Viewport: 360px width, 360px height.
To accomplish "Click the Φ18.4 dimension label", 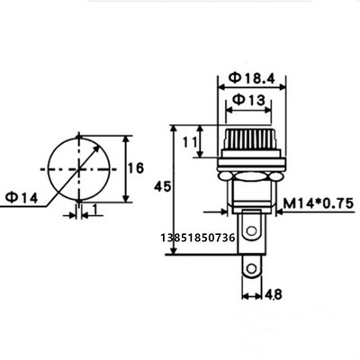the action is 251,78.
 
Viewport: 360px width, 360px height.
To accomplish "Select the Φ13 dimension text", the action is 249,100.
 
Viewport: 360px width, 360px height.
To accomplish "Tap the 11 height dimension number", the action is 190,142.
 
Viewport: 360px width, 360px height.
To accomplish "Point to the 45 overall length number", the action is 162,186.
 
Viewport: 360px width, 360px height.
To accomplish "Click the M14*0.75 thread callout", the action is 319,204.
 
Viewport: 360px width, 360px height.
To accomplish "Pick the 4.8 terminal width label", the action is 273,294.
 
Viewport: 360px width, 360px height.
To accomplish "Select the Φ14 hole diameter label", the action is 22,198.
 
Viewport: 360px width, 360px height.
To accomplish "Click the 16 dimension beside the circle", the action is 136,168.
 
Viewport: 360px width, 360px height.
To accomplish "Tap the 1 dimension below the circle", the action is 95,210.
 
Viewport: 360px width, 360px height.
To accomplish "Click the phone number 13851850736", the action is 198,238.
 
